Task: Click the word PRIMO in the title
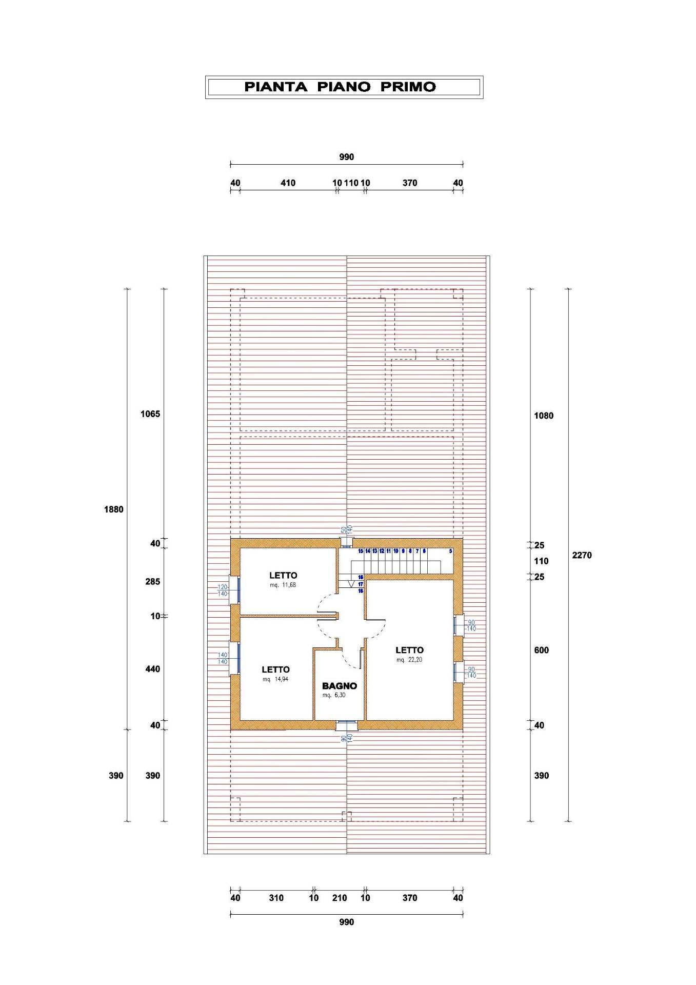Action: click(x=408, y=87)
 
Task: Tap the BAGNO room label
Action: click(x=339, y=686)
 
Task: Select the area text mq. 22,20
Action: click(x=409, y=660)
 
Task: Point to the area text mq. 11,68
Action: click(x=283, y=585)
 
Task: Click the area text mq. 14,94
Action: click(x=275, y=679)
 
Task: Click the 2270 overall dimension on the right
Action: click(x=582, y=555)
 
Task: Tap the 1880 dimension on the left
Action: click(x=114, y=509)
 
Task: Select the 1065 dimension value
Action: click(x=150, y=414)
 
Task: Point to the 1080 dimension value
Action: click(x=544, y=416)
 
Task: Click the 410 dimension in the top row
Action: click(x=288, y=183)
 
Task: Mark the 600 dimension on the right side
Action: click(x=541, y=650)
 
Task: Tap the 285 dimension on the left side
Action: click(x=152, y=582)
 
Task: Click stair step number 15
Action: click(x=361, y=551)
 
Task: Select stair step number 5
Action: click(x=450, y=551)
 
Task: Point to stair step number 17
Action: click(x=361, y=584)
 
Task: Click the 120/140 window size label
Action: click(x=223, y=590)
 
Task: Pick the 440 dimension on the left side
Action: click(x=152, y=669)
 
